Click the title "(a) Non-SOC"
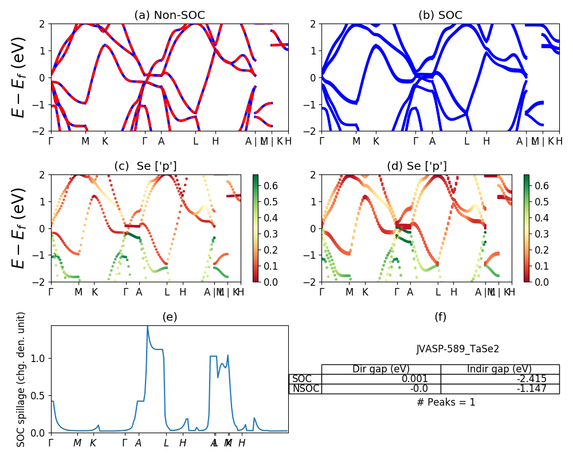pos(169,15)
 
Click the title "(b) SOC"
pos(440,15)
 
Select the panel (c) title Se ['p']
pos(146,166)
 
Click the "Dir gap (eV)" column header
pos(380,369)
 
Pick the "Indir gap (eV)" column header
pos(500,369)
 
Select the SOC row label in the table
pos(302,379)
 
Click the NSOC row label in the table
pos(305,388)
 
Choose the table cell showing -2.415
pos(530,379)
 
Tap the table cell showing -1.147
pos(530,388)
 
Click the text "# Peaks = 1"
pos(446,402)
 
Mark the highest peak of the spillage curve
pos(147,326)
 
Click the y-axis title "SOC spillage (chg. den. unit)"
pos(21,379)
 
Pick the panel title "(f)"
pos(440,317)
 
